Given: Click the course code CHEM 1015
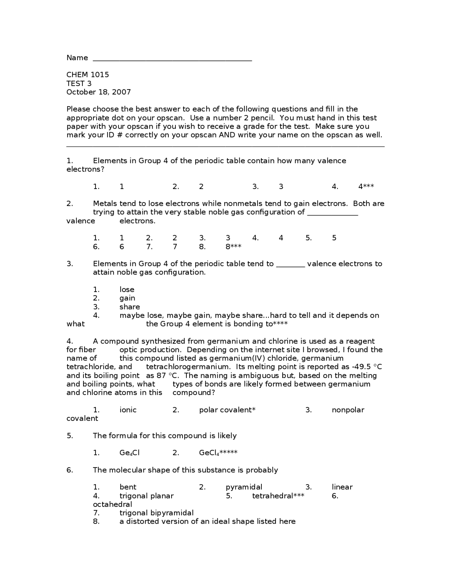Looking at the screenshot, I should [88, 75].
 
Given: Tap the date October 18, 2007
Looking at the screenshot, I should [99, 92].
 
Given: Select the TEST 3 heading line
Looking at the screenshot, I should [79, 84].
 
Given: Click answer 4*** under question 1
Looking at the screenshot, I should [366, 187].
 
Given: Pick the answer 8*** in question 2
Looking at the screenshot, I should [233, 247].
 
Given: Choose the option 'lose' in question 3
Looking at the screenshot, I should [127, 290].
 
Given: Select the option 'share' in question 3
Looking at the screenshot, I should [130, 307].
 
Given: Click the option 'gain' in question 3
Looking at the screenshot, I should [127, 298].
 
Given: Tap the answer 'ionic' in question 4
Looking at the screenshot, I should [128, 410].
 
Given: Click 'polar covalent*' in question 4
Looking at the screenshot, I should [227, 410].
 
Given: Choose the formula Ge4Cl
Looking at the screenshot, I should [130, 453].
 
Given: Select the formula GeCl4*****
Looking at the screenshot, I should [218, 453].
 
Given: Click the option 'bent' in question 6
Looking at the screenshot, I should [128, 487].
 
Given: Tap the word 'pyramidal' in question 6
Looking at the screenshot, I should [244, 487].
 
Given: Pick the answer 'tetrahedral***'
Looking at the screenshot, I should [278, 496].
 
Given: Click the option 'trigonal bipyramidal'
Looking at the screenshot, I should [156, 513].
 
